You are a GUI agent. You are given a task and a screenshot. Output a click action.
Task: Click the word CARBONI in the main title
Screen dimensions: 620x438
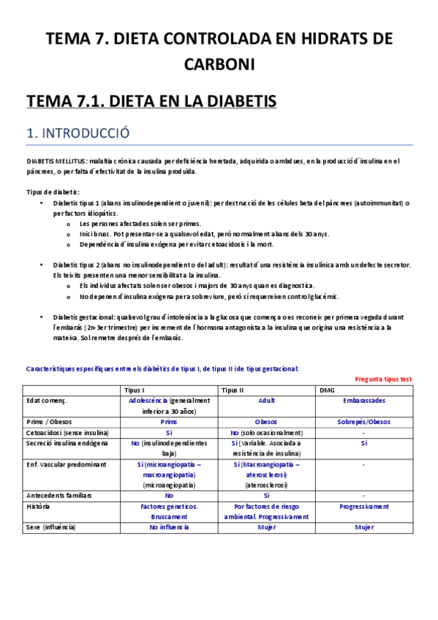coord(219,64)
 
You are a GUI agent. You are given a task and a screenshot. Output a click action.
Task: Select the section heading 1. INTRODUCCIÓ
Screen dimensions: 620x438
coord(78,133)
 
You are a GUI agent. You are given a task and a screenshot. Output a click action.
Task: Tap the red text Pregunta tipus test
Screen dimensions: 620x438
coord(383,379)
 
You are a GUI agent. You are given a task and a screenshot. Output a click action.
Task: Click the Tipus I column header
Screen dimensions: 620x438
coord(135,390)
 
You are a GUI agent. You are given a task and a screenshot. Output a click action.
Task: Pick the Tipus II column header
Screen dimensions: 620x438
coord(232,390)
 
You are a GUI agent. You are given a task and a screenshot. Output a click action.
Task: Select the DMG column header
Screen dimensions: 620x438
coord(327,390)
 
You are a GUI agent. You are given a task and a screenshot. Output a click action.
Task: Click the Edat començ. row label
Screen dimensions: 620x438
coord(46,401)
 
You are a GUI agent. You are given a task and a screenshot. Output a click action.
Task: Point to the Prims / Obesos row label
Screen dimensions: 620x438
coord(52,421)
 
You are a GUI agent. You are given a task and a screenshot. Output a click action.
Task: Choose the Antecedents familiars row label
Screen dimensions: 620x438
coord(59,495)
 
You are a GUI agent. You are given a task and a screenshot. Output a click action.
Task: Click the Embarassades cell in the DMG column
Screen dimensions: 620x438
coord(363,401)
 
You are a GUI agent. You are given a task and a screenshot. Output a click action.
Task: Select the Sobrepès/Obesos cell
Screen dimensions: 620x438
coord(363,421)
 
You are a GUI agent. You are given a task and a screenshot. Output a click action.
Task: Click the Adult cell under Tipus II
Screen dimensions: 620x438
coord(266,401)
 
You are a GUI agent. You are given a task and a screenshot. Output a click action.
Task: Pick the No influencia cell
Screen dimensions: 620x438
coord(169,526)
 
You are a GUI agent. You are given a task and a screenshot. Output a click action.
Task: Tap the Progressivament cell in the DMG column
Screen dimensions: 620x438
coord(363,506)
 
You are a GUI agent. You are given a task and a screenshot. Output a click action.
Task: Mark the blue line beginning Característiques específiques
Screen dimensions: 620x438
coord(162,368)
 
